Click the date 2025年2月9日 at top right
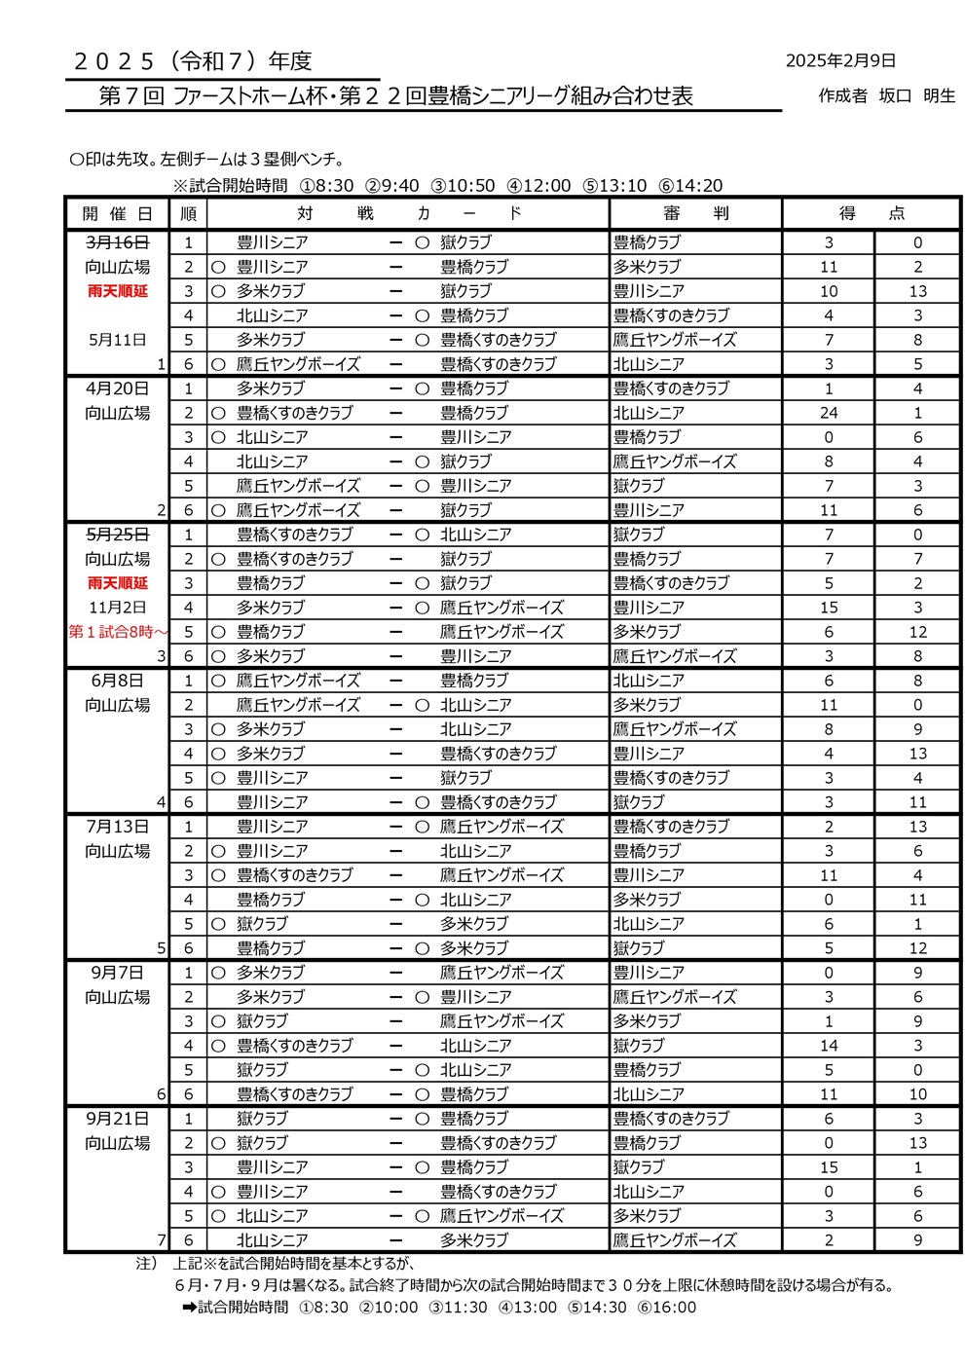click(x=840, y=60)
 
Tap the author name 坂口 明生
click(x=916, y=95)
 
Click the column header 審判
click(x=695, y=213)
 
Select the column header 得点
click(x=872, y=213)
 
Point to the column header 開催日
click(x=117, y=213)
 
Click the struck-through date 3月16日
click(x=117, y=242)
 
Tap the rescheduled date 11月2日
click(x=117, y=608)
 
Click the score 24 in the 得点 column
click(x=829, y=413)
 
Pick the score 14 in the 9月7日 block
click(x=829, y=1046)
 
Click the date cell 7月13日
click(x=117, y=827)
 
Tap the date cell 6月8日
click(x=117, y=681)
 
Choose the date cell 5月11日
click(x=117, y=340)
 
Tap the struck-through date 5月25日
click(x=117, y=535)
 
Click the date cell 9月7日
click(x=117, y=973)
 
